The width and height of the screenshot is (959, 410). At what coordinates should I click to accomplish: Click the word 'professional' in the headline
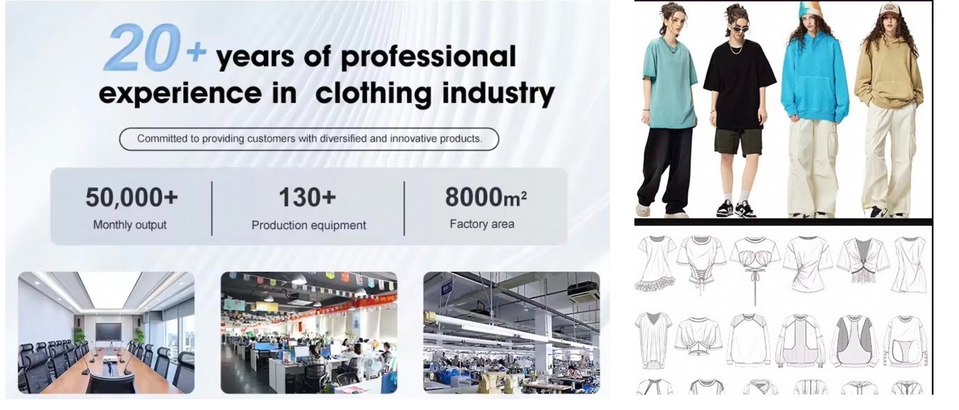coord(428,57)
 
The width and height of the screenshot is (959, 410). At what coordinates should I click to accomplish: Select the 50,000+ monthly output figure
coord(131,198)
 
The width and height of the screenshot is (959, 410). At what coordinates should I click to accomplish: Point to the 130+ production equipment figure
coord(307,198)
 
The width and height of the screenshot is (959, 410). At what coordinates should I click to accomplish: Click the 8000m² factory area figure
coord(486,197)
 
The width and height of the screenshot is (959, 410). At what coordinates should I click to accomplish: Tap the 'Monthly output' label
coord(130,225)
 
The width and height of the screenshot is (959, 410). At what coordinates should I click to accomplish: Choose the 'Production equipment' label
coord(309,225)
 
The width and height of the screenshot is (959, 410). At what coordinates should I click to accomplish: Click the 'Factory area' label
coord(482,224)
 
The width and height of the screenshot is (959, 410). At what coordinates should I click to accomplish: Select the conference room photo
coord(106,333)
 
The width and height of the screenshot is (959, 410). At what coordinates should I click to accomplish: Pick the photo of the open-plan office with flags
coord(309,333)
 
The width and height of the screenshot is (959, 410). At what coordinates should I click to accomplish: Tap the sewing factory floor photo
coord(512,333)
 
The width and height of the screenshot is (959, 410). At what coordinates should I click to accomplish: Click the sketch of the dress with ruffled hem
coord(655,264)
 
